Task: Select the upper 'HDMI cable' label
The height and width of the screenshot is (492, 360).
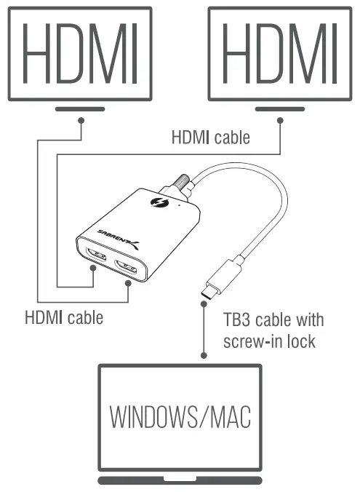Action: tap(210, 137)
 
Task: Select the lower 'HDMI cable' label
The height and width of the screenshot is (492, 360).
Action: tap(64, 317)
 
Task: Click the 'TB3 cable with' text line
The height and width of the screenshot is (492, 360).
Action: tap(273, 320)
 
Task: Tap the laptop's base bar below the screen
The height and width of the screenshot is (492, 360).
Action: tap(180, 480)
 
